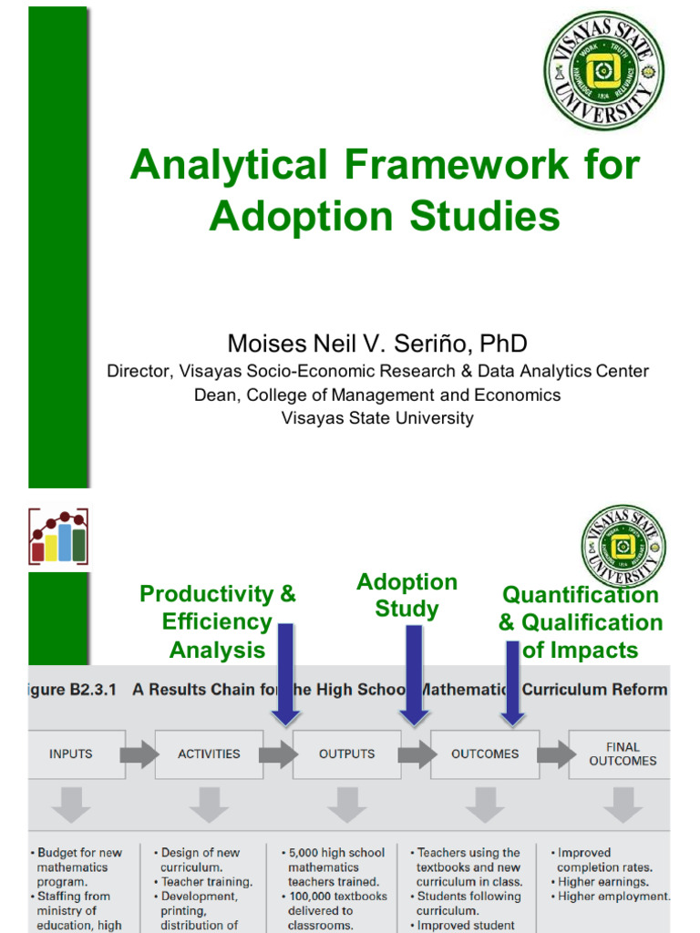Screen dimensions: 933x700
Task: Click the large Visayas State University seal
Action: click(603, 70)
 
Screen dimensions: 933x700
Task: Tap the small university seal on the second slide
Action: click(623, 547)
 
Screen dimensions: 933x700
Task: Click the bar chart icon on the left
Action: click(57, 537)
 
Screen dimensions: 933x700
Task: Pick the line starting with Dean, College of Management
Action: click(377, 395)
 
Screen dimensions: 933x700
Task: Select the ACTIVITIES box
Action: click(209, 754)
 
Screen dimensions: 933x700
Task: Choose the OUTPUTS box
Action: click(346, 754)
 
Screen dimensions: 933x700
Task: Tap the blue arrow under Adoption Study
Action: click(415, 675)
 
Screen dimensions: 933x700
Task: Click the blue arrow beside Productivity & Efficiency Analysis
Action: click(286, 675)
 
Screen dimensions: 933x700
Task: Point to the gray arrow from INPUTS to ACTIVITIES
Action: click(139, 754)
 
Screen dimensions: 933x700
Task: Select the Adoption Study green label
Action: click(407, 595)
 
